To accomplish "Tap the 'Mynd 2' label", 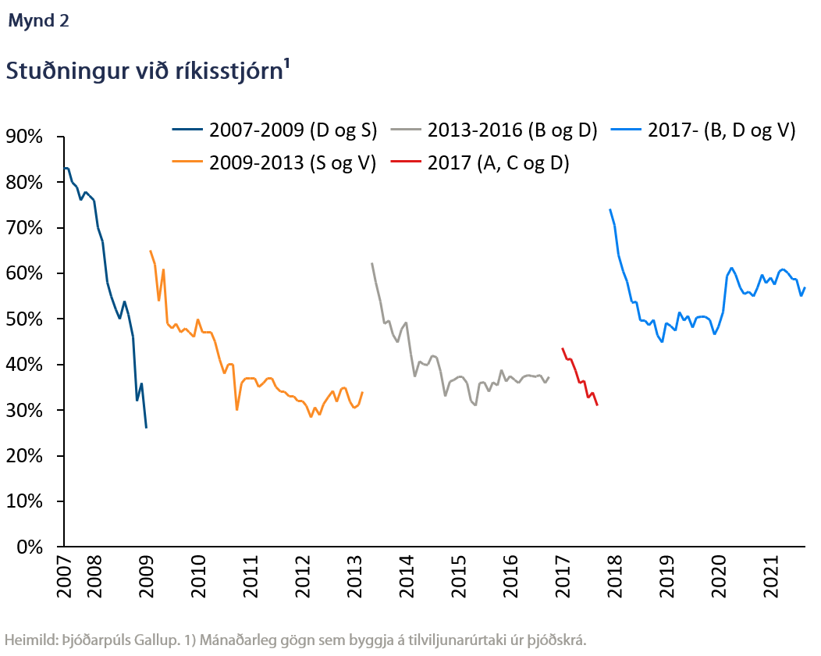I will click(x=38, y=21).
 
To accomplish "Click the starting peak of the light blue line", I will click(x=610, y=209).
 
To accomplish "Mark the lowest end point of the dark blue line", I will click(x=146, y=427).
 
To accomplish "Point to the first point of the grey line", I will click(x=371, y=264).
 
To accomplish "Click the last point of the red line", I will click(x=597, y=405).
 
